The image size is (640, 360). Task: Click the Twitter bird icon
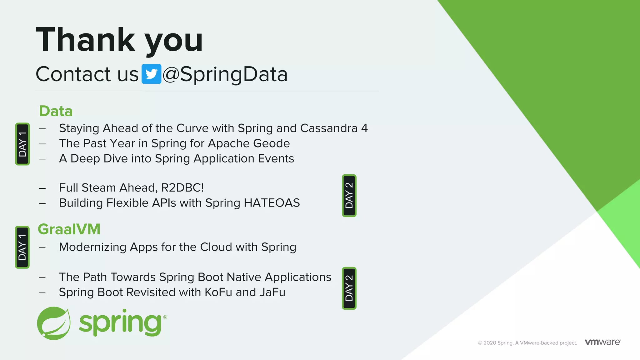tap(151, 74)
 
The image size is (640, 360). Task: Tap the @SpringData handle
tap(225, 74)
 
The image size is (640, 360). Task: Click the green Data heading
tap(56, 111)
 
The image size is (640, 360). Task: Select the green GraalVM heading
tap(69, 229)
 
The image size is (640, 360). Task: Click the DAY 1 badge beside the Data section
tap(22, 144)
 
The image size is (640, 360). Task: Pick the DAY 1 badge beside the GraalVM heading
tap(22, 247)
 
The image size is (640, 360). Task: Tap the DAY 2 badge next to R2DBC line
tap(349, 196)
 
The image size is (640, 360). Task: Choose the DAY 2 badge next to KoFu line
tap(349, 288)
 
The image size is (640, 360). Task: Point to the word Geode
tap(271, 143)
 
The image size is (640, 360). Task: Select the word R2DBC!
tap(182, 188)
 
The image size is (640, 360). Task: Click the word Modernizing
tap(92, 247)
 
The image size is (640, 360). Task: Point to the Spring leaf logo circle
tap(53, 323)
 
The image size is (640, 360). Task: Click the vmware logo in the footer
tap(603, 342)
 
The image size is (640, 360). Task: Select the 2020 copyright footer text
tap(527, 343)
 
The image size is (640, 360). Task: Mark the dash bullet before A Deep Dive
tap(42, 159)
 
